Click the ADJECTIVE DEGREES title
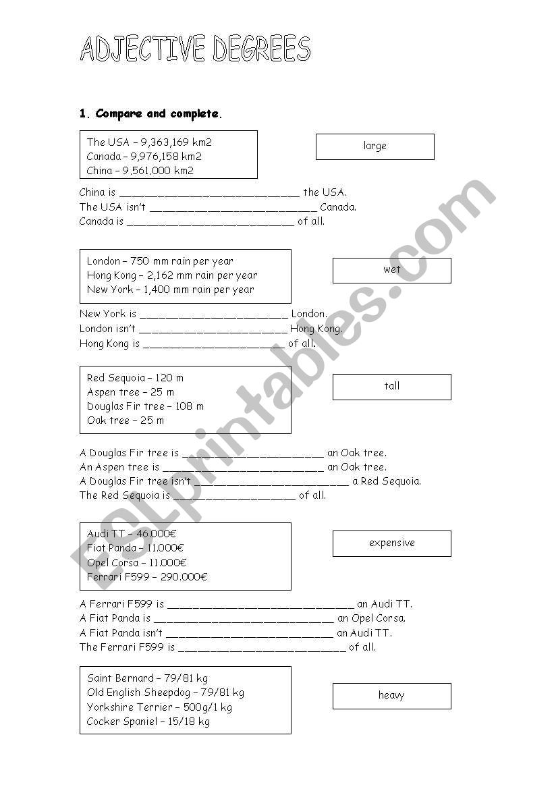tap(195, 49)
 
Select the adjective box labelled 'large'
tap(375, 146)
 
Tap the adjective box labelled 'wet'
tap(391, 270)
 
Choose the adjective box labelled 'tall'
tap(391, 387)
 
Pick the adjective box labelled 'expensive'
tap(391, 543)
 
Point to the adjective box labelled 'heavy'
tap(391, 696)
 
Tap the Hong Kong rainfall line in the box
tap(172, 275)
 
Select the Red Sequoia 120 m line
tap(135, 378)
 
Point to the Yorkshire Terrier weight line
tap(159, 707)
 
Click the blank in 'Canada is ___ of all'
tap(210, 222)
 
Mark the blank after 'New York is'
tap(213, 315)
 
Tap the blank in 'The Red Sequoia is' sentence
tap(234, 496)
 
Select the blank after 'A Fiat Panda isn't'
tap(249, 634)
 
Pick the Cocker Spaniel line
tap(148, 722)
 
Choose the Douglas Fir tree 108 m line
tap(145, 406)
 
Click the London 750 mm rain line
tap(160, 261)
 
